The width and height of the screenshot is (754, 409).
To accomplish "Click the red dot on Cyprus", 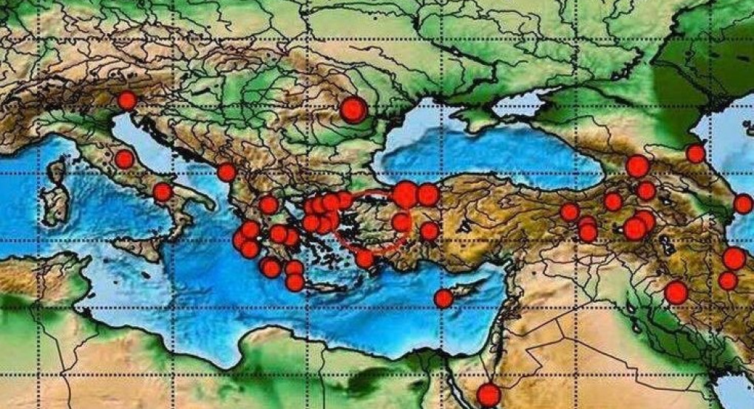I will (443, 298).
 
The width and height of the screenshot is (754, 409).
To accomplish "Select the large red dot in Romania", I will (353, 110).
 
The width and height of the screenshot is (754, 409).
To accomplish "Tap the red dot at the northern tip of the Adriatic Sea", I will (127, 100).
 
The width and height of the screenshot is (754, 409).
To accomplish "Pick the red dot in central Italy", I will (124, 159).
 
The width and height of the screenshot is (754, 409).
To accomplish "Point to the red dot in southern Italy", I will (163, 192).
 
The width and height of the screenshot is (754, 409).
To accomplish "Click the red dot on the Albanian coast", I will (227, 172).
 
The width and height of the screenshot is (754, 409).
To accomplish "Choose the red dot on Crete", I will (295, 282).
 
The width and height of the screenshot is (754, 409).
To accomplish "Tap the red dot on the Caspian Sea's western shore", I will (696, 154).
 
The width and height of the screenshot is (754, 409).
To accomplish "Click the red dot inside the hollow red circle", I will (401, 221).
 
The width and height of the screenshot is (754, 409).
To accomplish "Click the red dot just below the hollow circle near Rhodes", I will (364, 258).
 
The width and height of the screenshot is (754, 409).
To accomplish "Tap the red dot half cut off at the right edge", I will (744, 204).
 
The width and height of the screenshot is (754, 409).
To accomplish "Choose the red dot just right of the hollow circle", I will (429, 231).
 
